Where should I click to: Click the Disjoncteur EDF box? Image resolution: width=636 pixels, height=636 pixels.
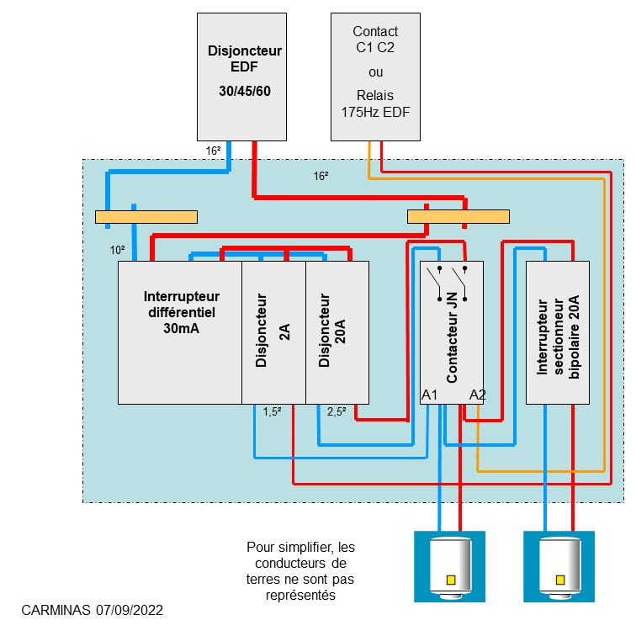tap(243, 76)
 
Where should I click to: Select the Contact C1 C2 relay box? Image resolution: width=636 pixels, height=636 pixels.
tap(375, 76)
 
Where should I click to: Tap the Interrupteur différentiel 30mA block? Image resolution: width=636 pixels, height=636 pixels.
tap(180, 332)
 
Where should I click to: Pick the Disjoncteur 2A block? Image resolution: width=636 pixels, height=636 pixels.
tap(273, 332)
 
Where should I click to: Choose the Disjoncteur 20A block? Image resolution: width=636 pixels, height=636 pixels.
tap(337, 332)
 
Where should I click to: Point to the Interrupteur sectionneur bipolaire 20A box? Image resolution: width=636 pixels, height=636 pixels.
tap(557, 332)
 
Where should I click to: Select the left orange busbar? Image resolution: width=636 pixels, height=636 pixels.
tap(146, 217)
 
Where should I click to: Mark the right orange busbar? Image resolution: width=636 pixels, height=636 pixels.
tap(458, 217)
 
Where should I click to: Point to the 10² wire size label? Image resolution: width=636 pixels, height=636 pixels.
tap(117, 251)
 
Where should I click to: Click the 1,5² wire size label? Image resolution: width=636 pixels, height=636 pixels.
tap(272, 412)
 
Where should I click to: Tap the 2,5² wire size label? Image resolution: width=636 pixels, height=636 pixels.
tap(337, 412)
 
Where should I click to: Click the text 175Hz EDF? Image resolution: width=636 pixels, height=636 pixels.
tap(375, 111)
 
